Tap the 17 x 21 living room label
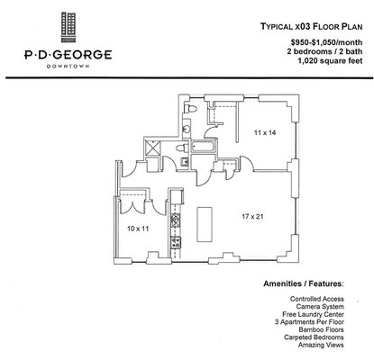tap(253, 217)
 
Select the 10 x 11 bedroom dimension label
tap(138, 229)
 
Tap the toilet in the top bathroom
tap(191, 108)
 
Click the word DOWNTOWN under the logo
tap(68, 67)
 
